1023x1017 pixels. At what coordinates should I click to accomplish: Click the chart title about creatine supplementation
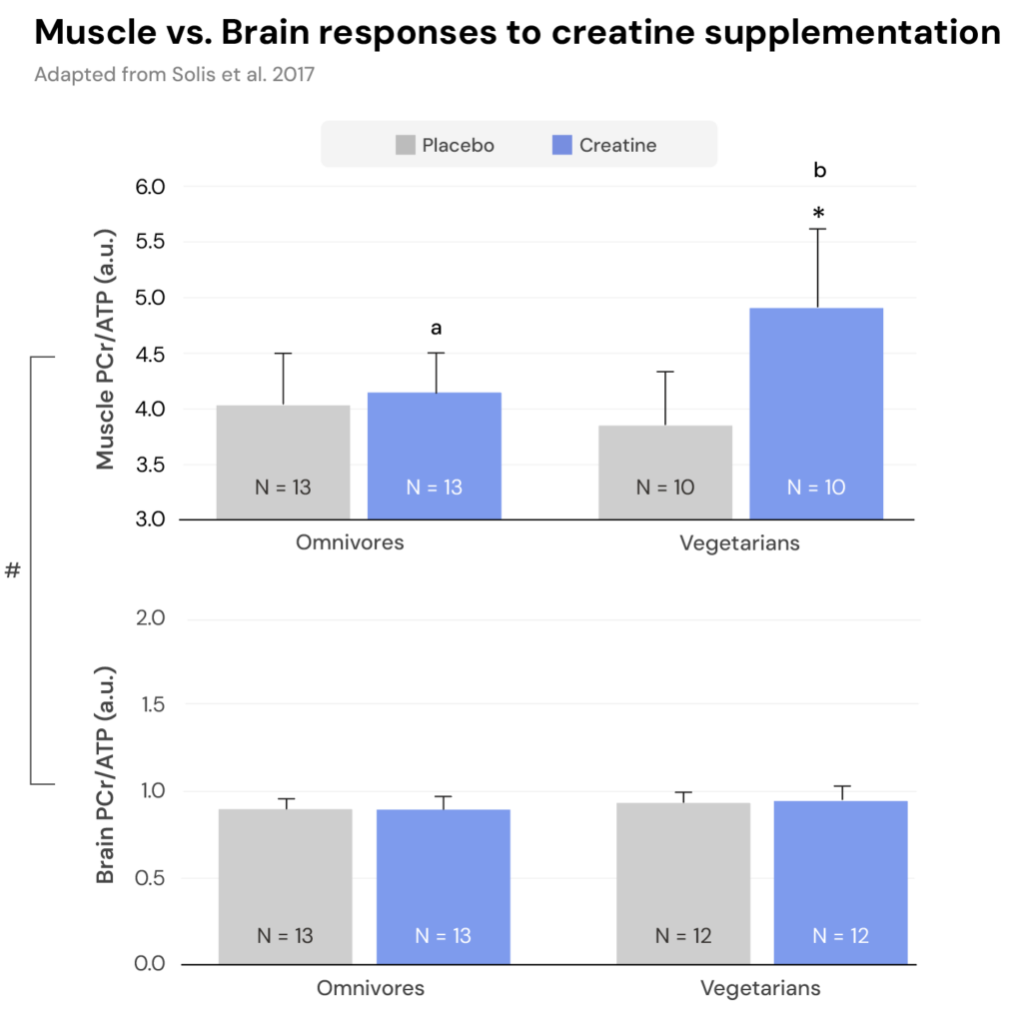point(517,33)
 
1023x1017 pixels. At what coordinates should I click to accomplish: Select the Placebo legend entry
point(446,145)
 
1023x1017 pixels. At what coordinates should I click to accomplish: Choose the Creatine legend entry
point(604,145)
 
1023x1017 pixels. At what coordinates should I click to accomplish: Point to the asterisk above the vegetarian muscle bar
point(818,213)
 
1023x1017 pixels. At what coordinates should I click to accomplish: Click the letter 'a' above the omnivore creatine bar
point(436,328)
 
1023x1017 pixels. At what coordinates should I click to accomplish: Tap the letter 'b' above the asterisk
point(820,171)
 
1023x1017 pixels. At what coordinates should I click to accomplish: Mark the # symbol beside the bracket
point(12,571)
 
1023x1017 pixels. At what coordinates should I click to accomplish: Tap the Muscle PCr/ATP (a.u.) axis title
point(105,349)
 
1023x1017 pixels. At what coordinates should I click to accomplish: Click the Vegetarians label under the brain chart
point(760,989)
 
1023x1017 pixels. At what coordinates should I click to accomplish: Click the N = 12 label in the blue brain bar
point(840,936)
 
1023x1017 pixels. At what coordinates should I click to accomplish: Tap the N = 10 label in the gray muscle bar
point(664,488)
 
